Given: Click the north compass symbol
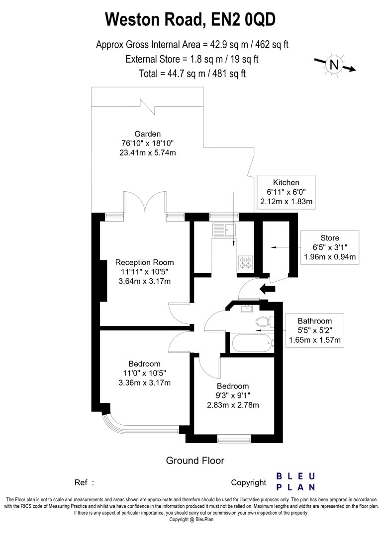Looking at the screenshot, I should pyautogui.click(x=334, y=65).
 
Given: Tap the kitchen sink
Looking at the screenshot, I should pyautogui.click(x=223, y=230).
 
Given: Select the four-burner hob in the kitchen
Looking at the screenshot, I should pyautogui.click(x=245, y=261).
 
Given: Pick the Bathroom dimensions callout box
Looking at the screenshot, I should pyautogui.click(x=314, y=330).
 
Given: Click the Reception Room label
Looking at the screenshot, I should pyautogui.click(x=145, y=262).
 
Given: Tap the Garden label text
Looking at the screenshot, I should pyautogui.click(x=148, y=134).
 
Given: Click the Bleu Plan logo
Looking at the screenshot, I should pyautogui.click(x=295, y=481).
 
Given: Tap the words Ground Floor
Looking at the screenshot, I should pyautogui.click(x=195, y=461).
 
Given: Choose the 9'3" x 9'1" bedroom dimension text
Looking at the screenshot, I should pyautogui.click(x=233, y=395).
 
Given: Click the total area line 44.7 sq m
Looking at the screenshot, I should pyautogui.click(x=192, y=74).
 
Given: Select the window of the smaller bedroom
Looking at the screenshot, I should pyautogui.click(x=234, y=439).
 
